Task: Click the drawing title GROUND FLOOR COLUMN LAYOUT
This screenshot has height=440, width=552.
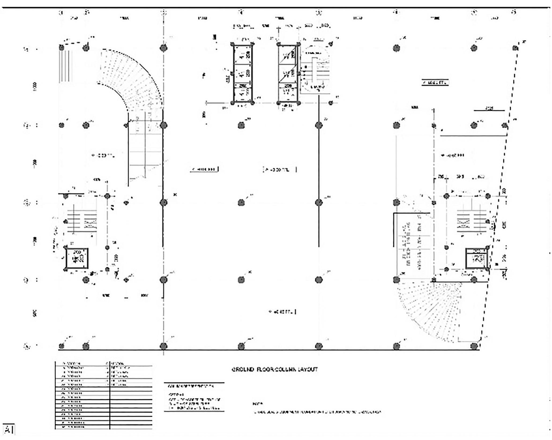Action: click(x=274, y=369)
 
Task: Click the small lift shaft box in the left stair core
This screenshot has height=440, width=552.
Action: click(x=77, y=258)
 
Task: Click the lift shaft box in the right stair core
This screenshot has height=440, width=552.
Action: click(x=476, y=258)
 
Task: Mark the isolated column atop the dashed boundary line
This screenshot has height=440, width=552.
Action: click(x=515, y=48)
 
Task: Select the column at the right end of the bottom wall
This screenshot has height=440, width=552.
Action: click(x=474, y=346)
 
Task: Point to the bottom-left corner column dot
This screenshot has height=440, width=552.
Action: click(x=61, y=346)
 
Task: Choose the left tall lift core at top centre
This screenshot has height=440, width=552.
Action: click(x=243, y=73)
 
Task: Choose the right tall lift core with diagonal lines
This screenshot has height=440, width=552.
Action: click(x=288, y=73)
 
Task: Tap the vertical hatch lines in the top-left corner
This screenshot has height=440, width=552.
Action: click(x=65, y=66)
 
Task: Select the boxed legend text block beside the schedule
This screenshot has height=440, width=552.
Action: click(x=194, y=397)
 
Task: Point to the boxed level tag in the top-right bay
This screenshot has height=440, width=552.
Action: click(x=435, y=83)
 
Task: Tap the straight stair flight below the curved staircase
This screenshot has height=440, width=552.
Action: click(x=145, y=150)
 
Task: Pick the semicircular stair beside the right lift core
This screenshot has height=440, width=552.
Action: click(x=315, y=71)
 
